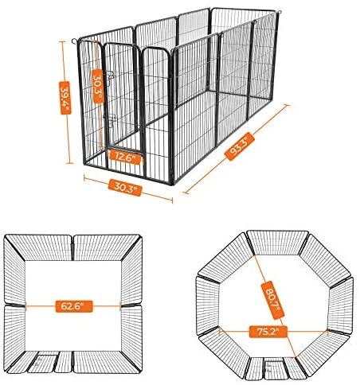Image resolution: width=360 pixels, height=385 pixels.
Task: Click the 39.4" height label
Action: (65, 98)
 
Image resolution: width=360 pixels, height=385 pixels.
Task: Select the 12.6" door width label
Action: (125, 157)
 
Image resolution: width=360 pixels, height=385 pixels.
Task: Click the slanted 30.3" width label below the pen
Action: (125, 188)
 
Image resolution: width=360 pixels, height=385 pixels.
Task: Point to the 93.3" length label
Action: (240, 146)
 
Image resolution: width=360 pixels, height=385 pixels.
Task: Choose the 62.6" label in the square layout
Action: (74, 306)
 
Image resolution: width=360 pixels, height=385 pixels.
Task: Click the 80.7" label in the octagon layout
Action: (272, 300)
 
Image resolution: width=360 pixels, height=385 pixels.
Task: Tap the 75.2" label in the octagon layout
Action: (268, 332)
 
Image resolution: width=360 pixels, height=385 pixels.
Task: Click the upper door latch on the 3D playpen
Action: (111, 76)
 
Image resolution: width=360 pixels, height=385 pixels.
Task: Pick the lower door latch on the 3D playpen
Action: (110, 119)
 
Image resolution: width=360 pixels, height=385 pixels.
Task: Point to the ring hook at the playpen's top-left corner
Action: (75, 41)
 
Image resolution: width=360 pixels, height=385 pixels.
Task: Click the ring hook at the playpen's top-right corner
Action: (279, 12)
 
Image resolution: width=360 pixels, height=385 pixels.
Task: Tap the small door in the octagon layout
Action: (275, 368)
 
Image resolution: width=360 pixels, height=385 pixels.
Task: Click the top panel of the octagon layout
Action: (277, 243)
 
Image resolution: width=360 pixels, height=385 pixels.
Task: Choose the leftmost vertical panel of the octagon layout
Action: (208, 305)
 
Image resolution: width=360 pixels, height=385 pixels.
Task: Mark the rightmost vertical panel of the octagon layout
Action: (341, 305)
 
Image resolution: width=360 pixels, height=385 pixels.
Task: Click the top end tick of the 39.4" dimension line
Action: (62, 41)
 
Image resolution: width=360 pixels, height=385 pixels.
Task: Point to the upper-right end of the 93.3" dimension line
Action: (287, 105)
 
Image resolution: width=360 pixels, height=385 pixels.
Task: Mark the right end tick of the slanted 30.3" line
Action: (172, 200)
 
